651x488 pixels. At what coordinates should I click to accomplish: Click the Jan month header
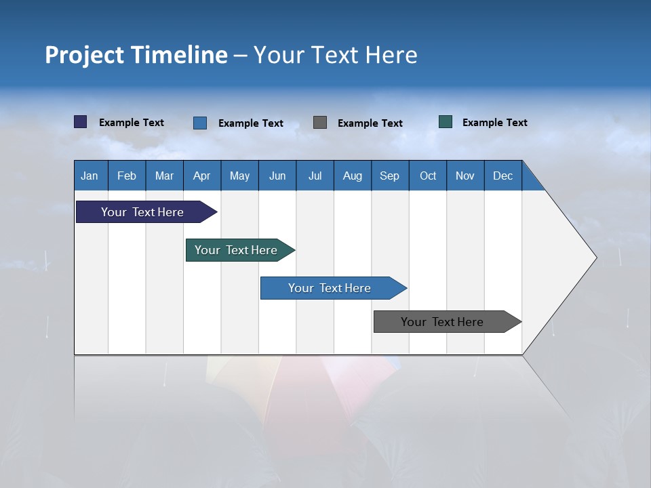click(90, 176)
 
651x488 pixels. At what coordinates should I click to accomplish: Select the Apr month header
click(202, 176)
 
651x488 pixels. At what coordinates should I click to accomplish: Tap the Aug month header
click(352, 176)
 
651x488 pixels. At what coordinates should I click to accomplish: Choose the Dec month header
click(502, 176)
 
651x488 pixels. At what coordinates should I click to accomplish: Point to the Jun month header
click(277, 176)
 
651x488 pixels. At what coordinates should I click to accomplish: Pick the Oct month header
click(428, 176)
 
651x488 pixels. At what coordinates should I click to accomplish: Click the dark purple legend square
click(80, 122)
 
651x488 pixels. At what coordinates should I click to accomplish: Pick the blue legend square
click(200, 123)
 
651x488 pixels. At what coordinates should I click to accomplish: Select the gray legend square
click(320, 122)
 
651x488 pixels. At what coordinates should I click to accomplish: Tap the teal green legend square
click(446, 122)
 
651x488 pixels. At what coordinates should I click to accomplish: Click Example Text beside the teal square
click(494, 123)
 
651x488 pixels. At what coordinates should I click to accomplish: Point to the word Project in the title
click(85, 55)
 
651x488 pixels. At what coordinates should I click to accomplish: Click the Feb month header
click(127, 176)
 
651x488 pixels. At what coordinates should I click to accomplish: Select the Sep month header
click(389, 176)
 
